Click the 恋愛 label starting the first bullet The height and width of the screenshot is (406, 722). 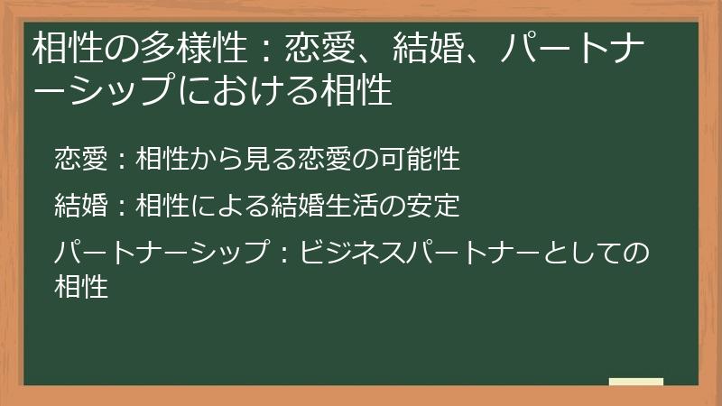coord(80,160)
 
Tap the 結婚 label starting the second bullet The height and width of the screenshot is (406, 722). coord(80,206)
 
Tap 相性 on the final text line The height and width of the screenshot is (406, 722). coord(81,287)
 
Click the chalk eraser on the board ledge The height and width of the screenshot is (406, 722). coord(635,382)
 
